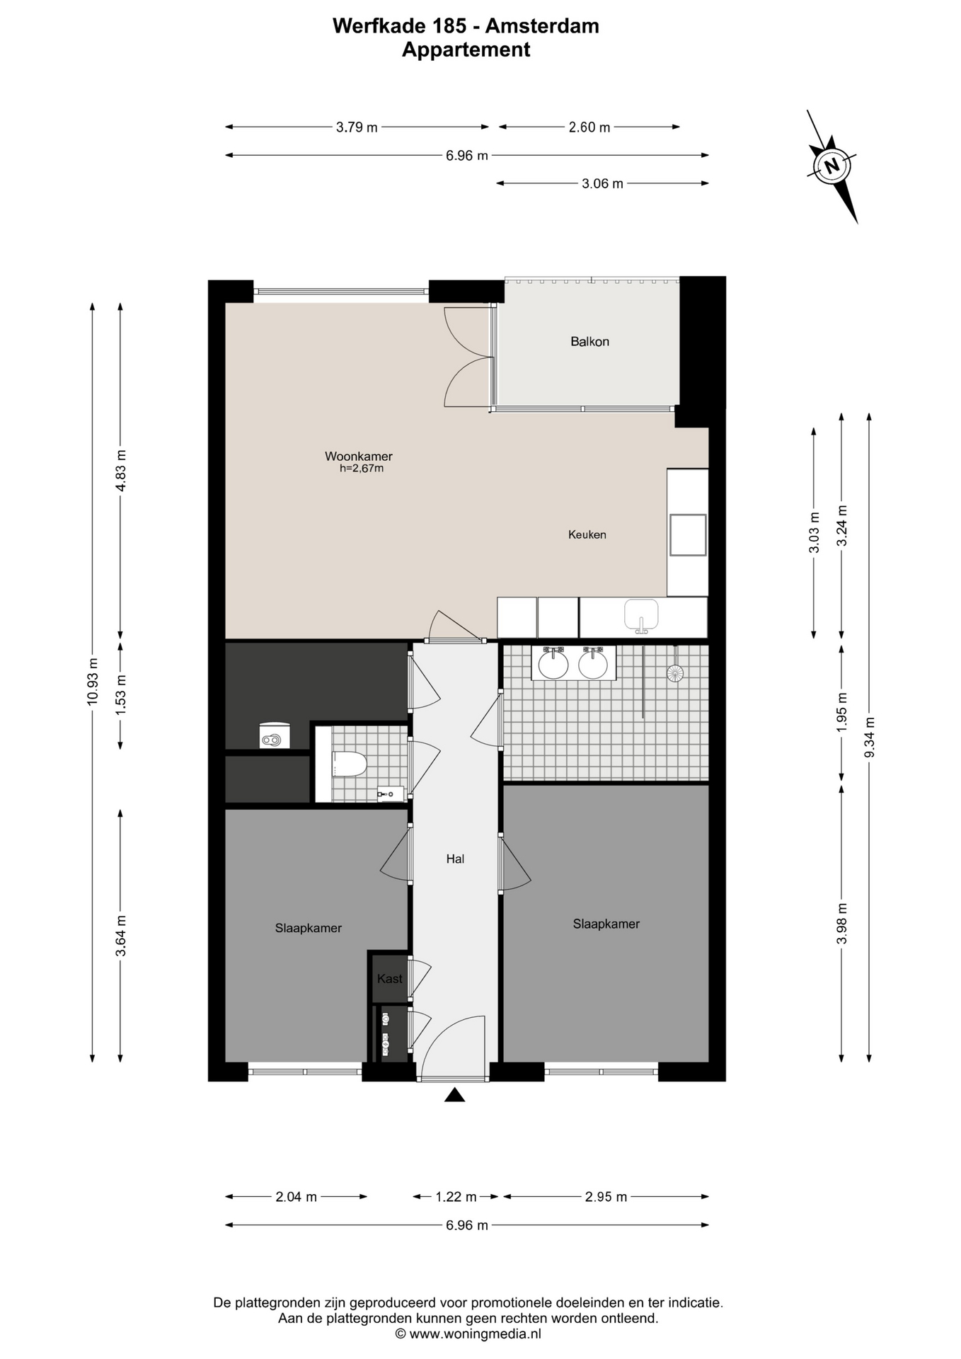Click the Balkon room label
tap(589, 341)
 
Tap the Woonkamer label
tap(358, 457)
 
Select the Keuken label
tap(587, 534)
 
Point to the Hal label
tap(455, 859)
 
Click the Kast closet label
tap(389, 978)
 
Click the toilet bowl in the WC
tap(349, 764)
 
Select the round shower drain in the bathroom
tap(675, 672)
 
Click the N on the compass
tap(832, 166)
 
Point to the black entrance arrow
tap(454, 1095)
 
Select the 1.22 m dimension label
tap(456, 1197)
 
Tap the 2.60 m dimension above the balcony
tap(589, 127)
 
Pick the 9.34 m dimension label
tap(870, 738)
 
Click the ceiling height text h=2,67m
tap(362, 469)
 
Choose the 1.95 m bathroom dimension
tap(841, 712)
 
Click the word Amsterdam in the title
tap(542, 26)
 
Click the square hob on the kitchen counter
tap(688, 534)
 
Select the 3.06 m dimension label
tap(602, 184)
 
